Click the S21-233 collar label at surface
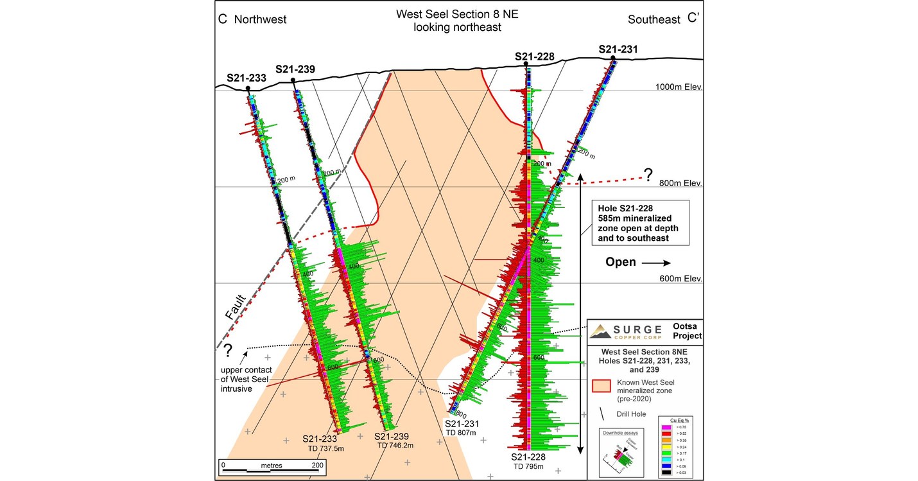click(247, 78)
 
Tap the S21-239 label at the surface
click(295, 69)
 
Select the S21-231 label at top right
click(618, 49)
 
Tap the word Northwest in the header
click(260, 19)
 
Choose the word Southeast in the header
click(654, 19)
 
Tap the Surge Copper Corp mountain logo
click(601, 331)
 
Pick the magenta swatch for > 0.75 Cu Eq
click(666, 427)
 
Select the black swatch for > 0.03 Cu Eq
click(666, 471)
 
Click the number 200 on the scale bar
click(316, 464)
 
